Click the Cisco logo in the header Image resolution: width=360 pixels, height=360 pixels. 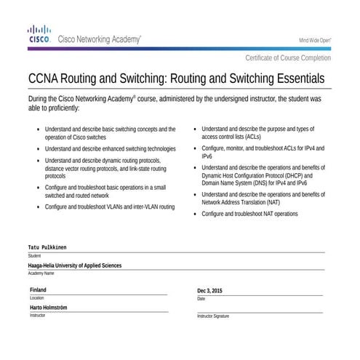pos(38,35)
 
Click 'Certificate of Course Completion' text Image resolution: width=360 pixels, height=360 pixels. pos(288,57)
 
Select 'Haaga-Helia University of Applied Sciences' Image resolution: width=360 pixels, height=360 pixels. pos(75,265)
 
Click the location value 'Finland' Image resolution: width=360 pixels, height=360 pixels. pos(38,289)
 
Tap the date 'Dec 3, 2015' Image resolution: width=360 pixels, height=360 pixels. pos(210,290)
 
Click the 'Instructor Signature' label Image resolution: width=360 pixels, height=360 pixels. pos(213,316)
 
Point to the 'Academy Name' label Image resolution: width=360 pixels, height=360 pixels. pos(41,273)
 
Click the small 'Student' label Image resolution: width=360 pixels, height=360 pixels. pos(34,256)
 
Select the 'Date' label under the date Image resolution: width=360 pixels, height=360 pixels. pos(201,298)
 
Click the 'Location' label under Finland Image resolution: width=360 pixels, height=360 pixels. pos(36,298)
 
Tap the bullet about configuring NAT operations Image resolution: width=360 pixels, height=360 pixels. pos(250,215)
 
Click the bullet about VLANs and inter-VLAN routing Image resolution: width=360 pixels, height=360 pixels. pos(110,207)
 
